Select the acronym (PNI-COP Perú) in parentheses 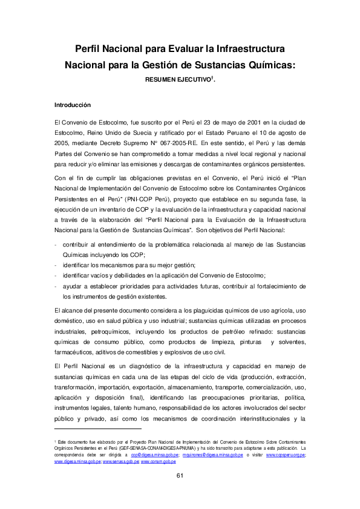click(x=149, y=198)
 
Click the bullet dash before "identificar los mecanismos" click(x=56, y=266)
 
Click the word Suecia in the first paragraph click(x=154, y=132)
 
